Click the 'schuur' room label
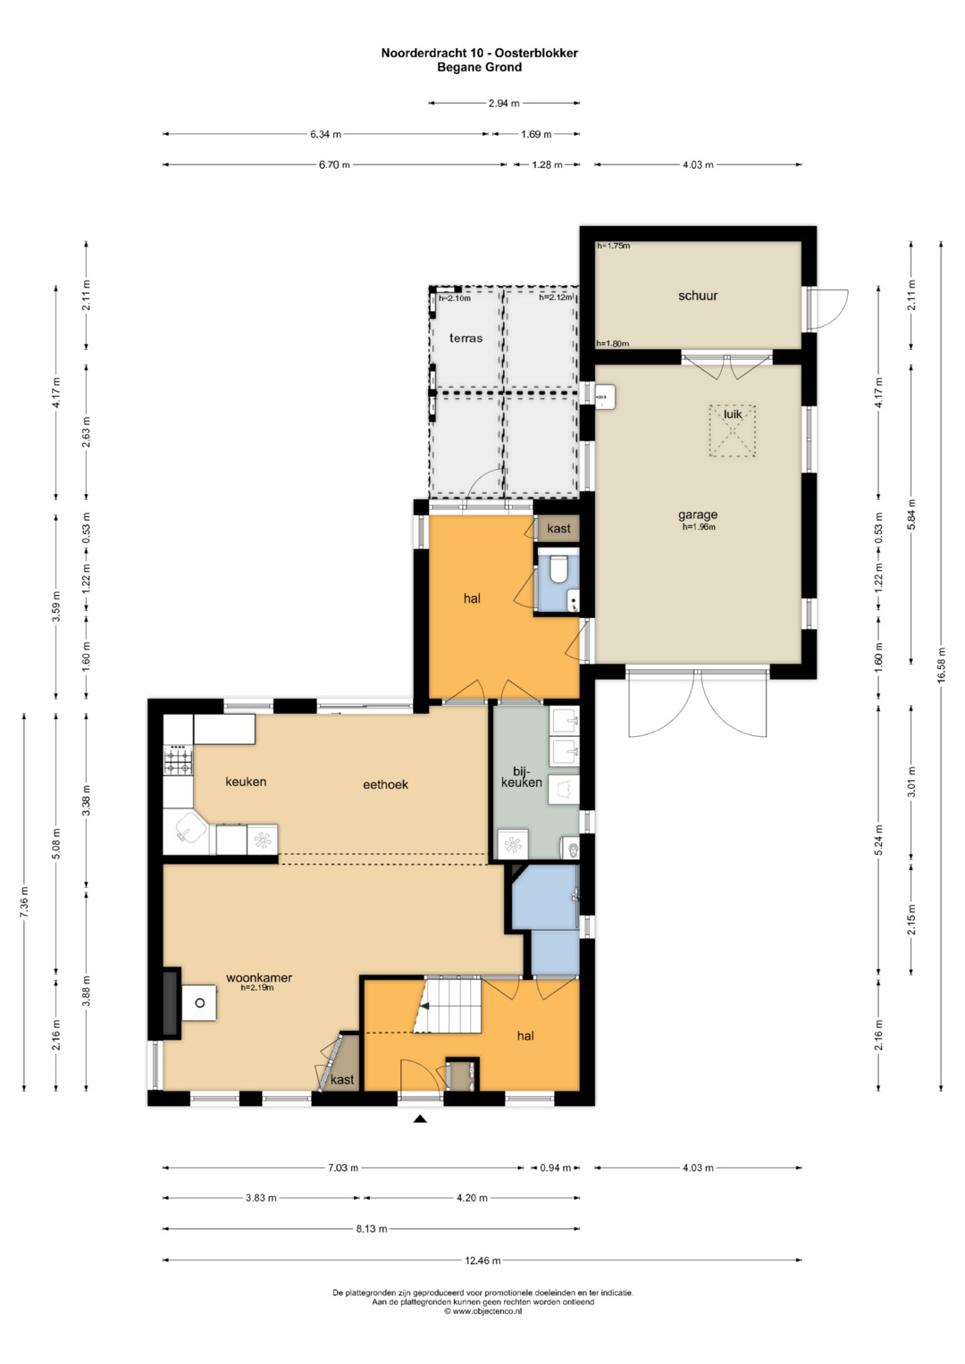pos(698,296)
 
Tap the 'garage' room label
pos(698,515)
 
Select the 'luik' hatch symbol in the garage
pos(732,431)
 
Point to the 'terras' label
pos(466,338)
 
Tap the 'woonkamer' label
pos(259,977)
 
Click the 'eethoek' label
pos(386,785)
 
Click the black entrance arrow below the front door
pos(420,1118)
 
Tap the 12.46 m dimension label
pos(482,1260)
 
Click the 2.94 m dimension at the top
pos(504,104)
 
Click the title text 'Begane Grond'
pos(480,67)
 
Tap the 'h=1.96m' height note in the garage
pos(699,527)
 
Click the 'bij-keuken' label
pos(522,776)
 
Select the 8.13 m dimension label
pos(372,1229)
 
